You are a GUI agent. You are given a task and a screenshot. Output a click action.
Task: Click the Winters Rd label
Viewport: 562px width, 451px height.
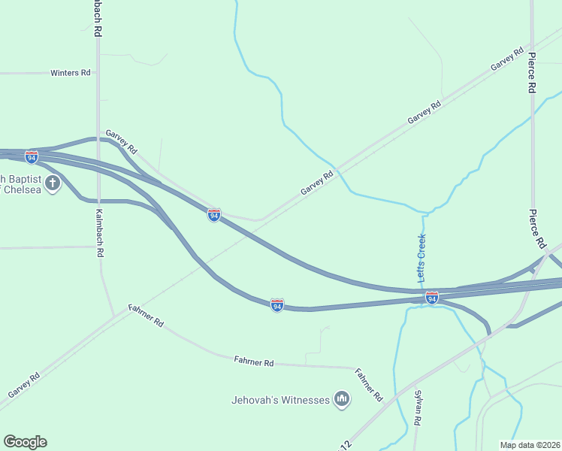pos(71,73)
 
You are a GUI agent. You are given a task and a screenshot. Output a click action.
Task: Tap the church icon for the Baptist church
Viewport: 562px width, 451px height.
pos(53,183)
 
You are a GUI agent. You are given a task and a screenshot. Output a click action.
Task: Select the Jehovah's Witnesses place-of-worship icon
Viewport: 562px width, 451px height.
pos(342,398)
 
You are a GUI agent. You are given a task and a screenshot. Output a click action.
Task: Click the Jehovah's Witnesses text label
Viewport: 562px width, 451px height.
pos(280,400)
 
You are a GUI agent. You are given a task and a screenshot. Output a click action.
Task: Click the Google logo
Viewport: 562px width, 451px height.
pos(25,442)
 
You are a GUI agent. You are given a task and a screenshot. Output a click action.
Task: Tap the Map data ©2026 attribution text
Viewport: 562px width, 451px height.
pos(530,445)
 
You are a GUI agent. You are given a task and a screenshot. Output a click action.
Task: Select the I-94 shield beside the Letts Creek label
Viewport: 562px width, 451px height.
pos(431,298)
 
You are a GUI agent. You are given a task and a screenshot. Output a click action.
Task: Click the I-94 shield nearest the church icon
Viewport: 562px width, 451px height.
pos(31,156)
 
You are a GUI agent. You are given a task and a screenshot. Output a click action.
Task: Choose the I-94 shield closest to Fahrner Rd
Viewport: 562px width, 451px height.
pos(277,304)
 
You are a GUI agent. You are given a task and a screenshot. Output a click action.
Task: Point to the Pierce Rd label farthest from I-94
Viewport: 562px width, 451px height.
pos(531,72)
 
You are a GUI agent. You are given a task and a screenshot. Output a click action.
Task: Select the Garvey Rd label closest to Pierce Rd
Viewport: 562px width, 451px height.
pos(507,60)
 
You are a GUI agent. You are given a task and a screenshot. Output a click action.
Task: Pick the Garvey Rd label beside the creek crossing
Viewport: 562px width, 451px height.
pos(317,183)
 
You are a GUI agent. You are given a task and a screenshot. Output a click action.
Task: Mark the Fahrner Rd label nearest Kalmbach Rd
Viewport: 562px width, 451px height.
pos(147,314)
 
